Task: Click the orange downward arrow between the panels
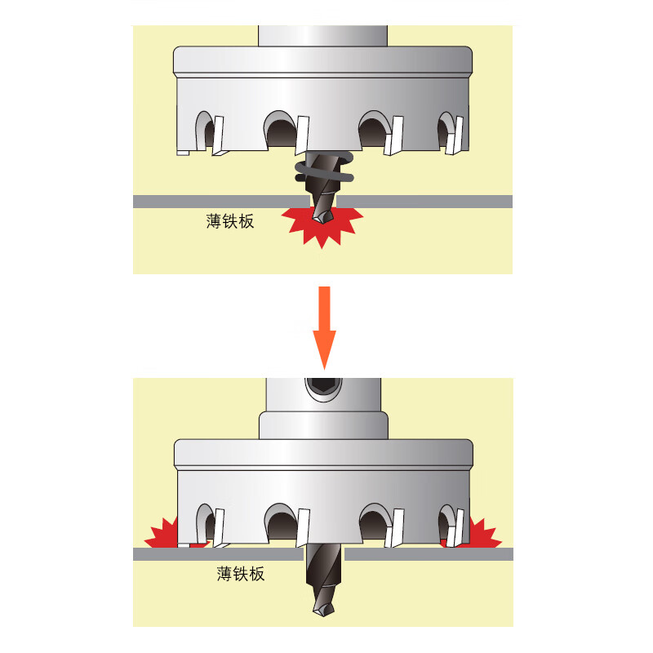coord(324,327)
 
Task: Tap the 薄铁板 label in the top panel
coord(230,221)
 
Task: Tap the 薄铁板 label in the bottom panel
coord(241,574)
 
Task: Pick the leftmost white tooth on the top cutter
coord(218,135)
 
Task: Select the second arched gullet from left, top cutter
coord(280,129)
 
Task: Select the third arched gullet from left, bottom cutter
coord(375,522)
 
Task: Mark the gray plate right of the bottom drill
coord(429,554)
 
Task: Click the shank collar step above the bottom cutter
coord(323,425)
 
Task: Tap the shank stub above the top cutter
coord(322,36)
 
